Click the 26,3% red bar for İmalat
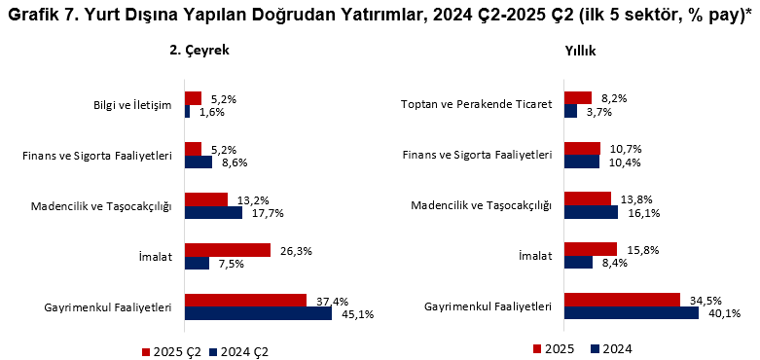pos(227,250)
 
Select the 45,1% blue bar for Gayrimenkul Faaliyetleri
pos(258,313)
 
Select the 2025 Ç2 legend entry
pos(173,350)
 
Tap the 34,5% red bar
pos(621,300)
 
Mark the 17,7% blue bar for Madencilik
pos(213,212)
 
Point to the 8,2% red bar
pos(577,97)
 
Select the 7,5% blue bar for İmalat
pos(197,263)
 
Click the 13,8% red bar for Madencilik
pos(587,198)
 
